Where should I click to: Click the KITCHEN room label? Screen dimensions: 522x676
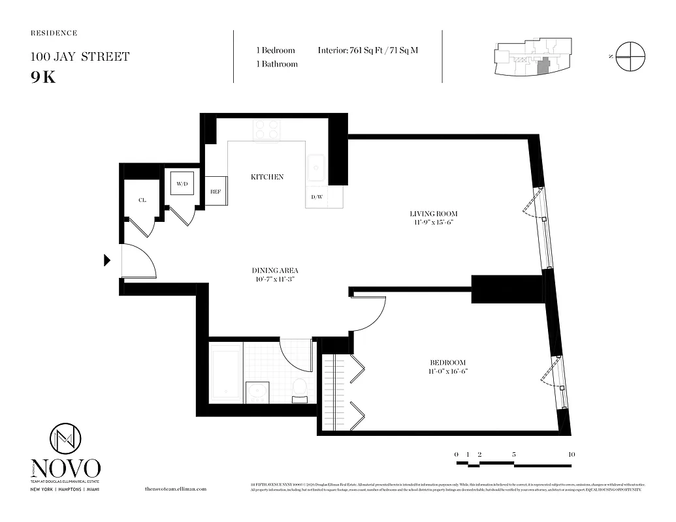pos(267,177)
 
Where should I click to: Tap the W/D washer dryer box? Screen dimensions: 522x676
pos(181,184)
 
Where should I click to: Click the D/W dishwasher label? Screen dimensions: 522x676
pos(317,197)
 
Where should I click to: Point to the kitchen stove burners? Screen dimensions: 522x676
pos(266,130)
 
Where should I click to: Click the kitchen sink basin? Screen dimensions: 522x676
pos(317,170)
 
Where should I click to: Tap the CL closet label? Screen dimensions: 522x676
pos(142,200)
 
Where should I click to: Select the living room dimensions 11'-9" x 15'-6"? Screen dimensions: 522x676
pos(433,223)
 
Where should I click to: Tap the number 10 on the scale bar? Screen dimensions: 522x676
pos(571,454)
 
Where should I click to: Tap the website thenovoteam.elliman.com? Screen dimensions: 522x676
pos(175,489)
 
